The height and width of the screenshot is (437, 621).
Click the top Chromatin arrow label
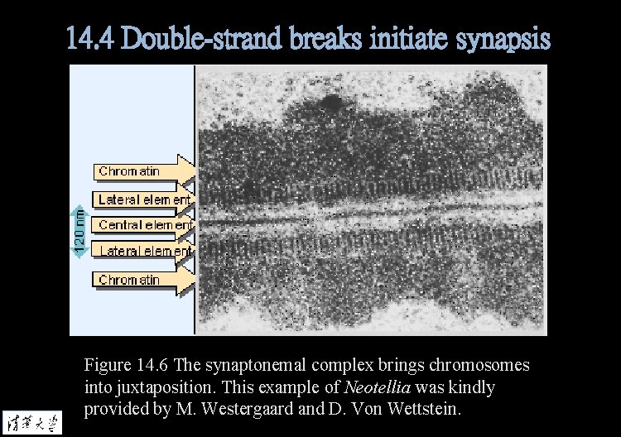pyautogui.click(x=130, y=171)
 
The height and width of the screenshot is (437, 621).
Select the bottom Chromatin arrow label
pyautogui.click(x=130, y=280)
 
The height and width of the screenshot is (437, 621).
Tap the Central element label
pyautogui.click(x=145, y=224)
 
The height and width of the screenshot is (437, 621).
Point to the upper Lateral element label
pyautogui.click(x=145, y=199)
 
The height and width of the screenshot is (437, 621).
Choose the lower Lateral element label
pyautogui.click(x=145, y=250)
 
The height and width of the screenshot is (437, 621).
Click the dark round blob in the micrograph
pyautogui.click(x=331, y=103)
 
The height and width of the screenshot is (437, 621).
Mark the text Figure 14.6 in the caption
pyautogui.click(x=125, y=365)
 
